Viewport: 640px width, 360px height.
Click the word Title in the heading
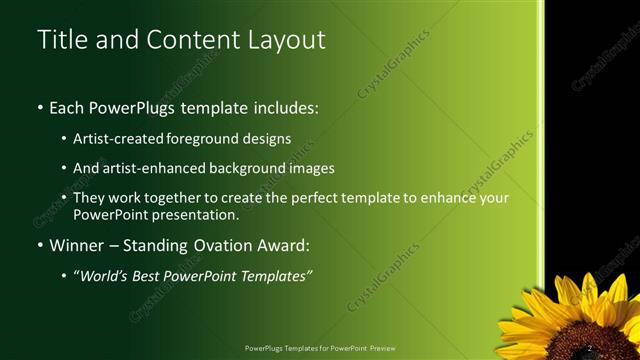(59, 39)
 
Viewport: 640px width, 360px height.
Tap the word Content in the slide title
(185, 39)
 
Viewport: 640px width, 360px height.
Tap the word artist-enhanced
(160, 168)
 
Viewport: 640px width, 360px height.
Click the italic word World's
(106, 275)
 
